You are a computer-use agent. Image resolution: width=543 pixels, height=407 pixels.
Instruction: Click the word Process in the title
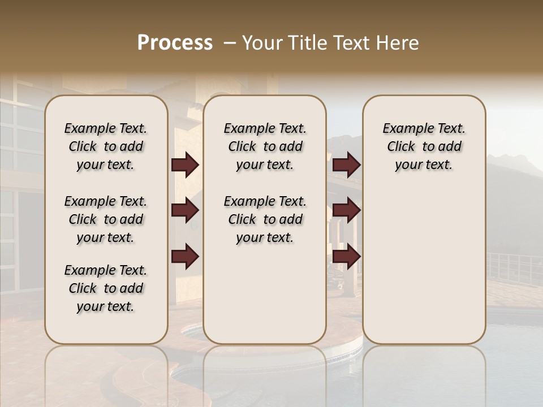click(x=175, y=43)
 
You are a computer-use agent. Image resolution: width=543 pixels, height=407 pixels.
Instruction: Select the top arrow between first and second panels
click(x=185, y=164)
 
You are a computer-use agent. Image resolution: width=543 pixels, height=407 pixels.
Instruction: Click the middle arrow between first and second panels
click(x=185, y=211)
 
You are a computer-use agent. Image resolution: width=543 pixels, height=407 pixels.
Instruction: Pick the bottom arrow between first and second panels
click(x=185, y=257)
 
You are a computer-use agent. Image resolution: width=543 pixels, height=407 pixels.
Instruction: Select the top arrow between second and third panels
click(x=346, y=164)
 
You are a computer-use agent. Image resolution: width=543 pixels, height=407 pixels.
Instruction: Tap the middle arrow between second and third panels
click(x=346, y=211)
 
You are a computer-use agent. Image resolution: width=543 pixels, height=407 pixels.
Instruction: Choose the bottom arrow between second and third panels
click(x=346, y=257)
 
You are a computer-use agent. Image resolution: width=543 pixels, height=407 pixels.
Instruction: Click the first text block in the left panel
click(x=106, y=146)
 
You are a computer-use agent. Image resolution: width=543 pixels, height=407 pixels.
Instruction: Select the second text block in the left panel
click(x=106, y=219)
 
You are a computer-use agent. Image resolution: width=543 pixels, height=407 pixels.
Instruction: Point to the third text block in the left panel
click(x=106, y=288)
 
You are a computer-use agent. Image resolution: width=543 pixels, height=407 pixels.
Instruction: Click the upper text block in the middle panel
click(x=265, y=146)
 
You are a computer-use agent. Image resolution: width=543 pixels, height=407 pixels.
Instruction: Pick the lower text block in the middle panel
click(x=265, y=219)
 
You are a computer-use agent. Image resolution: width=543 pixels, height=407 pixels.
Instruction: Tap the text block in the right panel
click(x=424, y=146)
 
